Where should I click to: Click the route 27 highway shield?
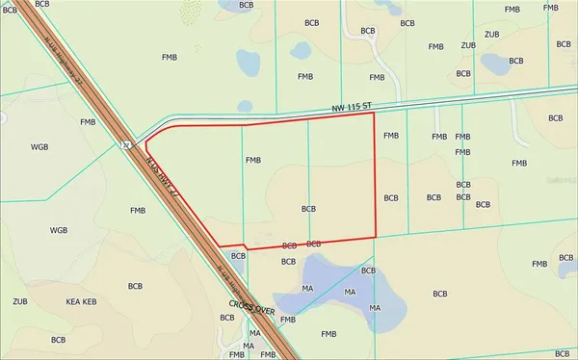pos(126,145)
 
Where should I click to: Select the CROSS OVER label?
pos(252,309)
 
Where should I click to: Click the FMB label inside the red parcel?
pos(254,161)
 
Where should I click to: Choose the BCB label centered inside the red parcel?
pos(308,208)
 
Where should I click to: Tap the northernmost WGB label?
pos(39,147)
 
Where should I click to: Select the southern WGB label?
pos(59,231)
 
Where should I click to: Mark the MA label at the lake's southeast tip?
pos(375,308)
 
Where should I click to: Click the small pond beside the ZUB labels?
pos(498,64)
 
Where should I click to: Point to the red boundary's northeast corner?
pos(374,113)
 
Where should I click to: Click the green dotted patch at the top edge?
pos(192,12)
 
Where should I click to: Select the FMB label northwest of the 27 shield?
pos(89,122)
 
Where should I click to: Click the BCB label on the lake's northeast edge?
pos(368,271)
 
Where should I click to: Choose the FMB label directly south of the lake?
pos(328,333)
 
